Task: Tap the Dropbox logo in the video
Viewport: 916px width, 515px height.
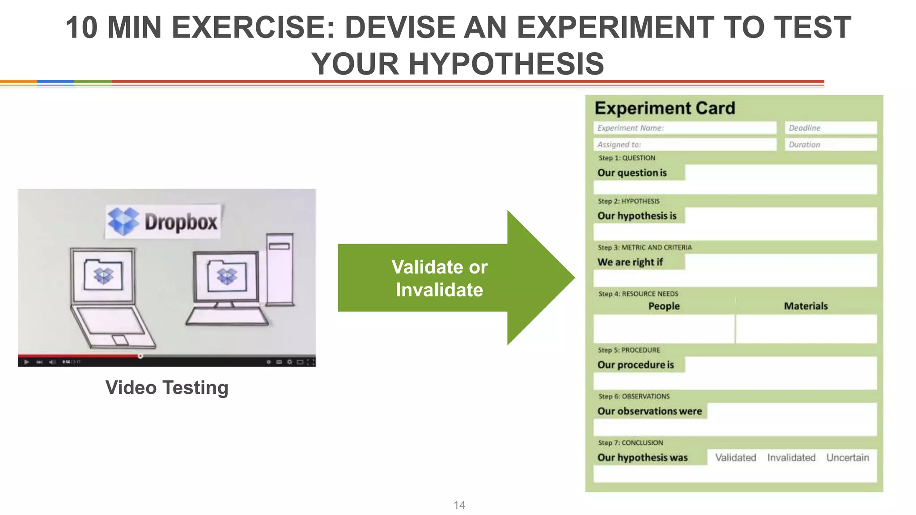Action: click(163, 221)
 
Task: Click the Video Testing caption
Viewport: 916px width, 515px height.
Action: click(167, 388)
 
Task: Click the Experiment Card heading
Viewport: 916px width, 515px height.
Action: click(665, 108)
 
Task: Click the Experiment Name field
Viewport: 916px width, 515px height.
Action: click(684, 128)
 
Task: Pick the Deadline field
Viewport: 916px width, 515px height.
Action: click(830, 128)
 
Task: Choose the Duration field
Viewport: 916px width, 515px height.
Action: click(830, 144)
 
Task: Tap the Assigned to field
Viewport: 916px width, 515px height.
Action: click(684, 144)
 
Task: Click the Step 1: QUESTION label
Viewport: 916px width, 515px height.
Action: click(627, 158)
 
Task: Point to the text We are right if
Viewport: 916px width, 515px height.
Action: click(630, 262)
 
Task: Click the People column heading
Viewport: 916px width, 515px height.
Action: click(664, 306)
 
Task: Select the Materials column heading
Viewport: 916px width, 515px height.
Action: click(806, 306)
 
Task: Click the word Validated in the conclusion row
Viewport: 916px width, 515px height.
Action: click(735, 457)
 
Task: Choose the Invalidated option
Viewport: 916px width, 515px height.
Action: click(791, 457)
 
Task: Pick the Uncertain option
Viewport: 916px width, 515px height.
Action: click(848, 457)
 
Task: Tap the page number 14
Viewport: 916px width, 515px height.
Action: click(459, 505)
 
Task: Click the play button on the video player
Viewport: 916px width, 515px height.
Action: click(26, 362)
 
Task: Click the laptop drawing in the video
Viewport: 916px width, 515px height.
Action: click(110, 297)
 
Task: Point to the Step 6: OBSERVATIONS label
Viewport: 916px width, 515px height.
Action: click(634, 397)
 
